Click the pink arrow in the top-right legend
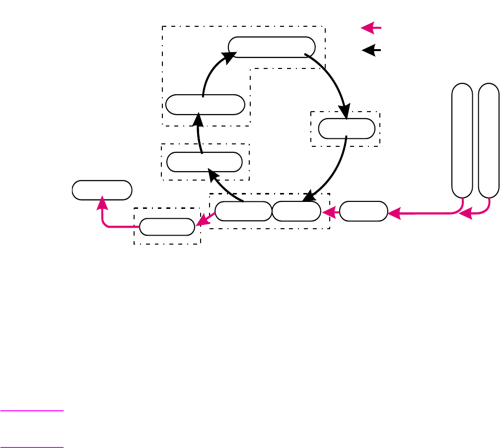(370, 28)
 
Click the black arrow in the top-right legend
(371, 50)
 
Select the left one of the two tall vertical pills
(462, 140)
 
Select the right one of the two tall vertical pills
(489, 140)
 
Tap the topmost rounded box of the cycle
(272, 47)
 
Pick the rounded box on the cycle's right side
(347, 128)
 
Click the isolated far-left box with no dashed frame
(102, 190)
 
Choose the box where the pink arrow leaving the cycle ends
(167, 227)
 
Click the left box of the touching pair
(243, 211)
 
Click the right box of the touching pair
(296, 211)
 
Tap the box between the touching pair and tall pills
(363, 211)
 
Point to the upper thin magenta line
(32, 411)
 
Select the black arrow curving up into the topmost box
(211, 72)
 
